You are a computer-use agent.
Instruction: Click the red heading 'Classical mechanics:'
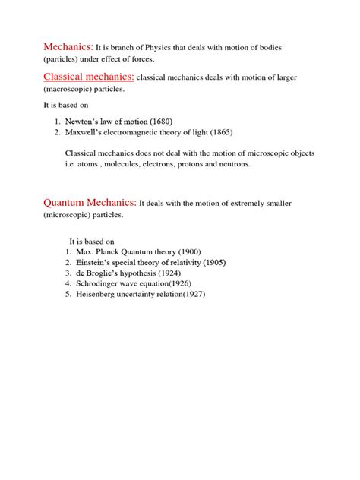[89, 77]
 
